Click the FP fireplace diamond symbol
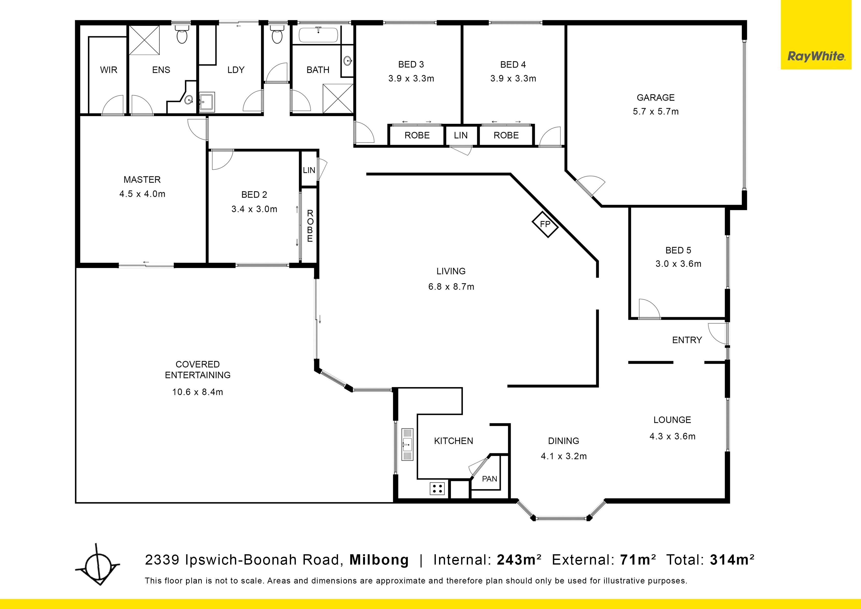(545, 224)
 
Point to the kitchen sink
(407, 444)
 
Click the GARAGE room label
(656, 97)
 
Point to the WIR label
(108, 70)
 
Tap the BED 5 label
(678, 250)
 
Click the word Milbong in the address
(379, 560)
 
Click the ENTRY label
(687, 340)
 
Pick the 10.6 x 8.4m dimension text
(198, 392)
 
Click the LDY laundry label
(236, 70)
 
